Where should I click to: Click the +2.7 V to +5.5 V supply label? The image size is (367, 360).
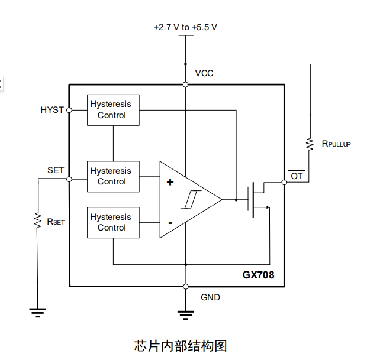(x=185, y=27)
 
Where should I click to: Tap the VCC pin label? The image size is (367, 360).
(x=204, y=73)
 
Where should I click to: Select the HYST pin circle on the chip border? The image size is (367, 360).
(x=69, y=110)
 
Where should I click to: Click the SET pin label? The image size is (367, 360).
(x=56, y=170)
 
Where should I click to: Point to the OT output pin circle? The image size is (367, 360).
(x=284, y=182)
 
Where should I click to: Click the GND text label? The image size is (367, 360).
(x=210, y=297)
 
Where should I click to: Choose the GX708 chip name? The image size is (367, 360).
(x=258, y=275)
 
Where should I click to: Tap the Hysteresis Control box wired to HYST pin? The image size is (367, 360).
(x=113, y=110)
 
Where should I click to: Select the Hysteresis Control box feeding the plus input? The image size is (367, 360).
(x=113, y=176)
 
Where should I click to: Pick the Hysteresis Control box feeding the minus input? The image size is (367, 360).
(x=113, y=222)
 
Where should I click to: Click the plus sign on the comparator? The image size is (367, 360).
(x=170, y=182)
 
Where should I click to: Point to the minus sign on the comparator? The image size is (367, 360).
(x=170, y=223)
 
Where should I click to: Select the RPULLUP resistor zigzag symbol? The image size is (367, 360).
(x=309, y=143)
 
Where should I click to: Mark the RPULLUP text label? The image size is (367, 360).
(x=336, y=144)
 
